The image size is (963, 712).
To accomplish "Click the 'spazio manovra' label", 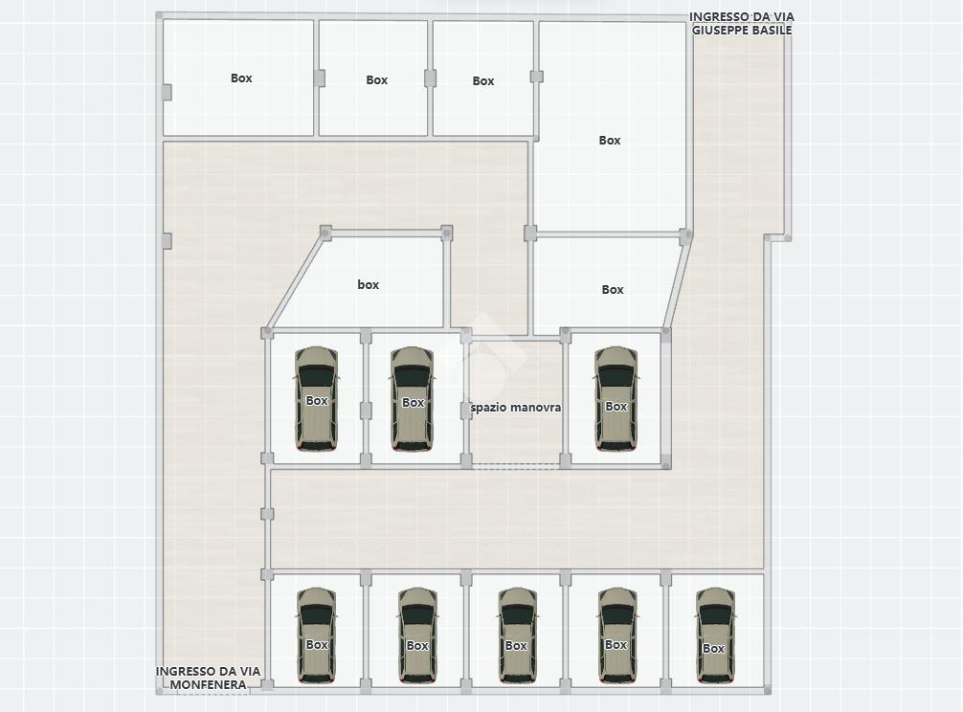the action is coord(516,408).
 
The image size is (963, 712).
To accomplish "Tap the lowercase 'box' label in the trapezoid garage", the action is coord(368,285).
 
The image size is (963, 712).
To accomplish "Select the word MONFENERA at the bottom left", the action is coord(208,684).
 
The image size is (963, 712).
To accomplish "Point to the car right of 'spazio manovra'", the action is coord(616,399).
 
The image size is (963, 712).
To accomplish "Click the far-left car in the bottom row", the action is coord(316,635).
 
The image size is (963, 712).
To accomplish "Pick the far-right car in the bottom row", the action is coord(715,635).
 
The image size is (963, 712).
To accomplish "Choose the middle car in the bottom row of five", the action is coord(517,635).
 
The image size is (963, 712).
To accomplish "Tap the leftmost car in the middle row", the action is coord(316,399).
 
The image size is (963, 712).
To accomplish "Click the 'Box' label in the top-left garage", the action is coord(241,78).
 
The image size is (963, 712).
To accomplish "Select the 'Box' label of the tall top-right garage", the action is coord(609,140).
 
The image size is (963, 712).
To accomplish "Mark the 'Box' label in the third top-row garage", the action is coord(483,80).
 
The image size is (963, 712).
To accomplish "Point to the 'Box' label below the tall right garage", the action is coord(613,289).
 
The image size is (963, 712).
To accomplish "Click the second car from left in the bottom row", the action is coord(417,635).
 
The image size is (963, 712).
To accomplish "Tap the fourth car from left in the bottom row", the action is coord(616,635).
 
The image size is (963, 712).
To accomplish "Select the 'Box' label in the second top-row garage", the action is coord(376,79).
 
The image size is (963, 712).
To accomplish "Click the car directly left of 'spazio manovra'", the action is coord(413,399).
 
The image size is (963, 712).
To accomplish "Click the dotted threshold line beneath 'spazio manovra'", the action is coord(516,467).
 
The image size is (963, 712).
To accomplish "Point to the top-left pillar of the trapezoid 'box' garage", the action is coord(325,233).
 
